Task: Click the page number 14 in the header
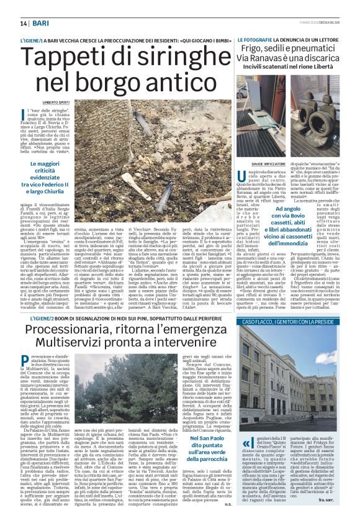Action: pos(14,23)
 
